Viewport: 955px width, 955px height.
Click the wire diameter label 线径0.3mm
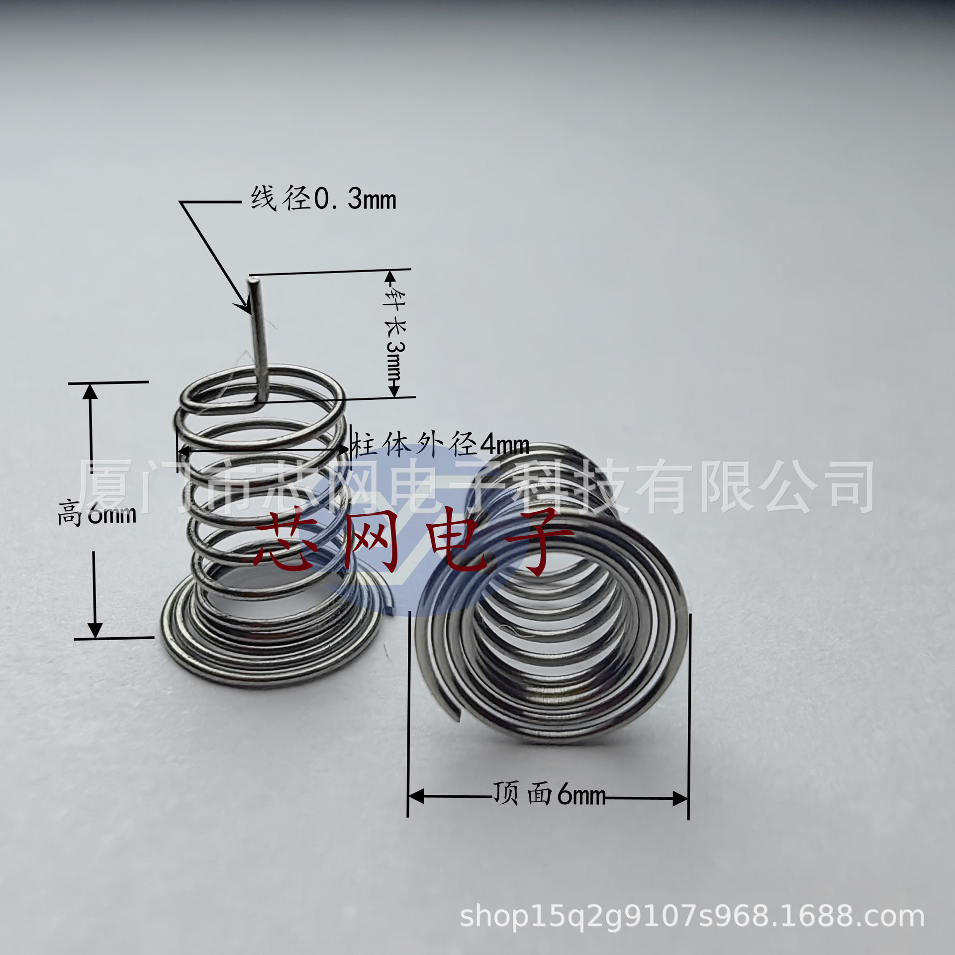coord(323,199)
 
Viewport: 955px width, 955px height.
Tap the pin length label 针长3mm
coord(395,333)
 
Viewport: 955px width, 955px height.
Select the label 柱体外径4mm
coord(440,444)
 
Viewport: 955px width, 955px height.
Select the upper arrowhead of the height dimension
coord(90,392)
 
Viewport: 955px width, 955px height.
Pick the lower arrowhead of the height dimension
coord(95,630)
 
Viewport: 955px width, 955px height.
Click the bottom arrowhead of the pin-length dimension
coord(394,390)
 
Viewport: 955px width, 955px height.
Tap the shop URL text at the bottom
coord(692,916)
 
